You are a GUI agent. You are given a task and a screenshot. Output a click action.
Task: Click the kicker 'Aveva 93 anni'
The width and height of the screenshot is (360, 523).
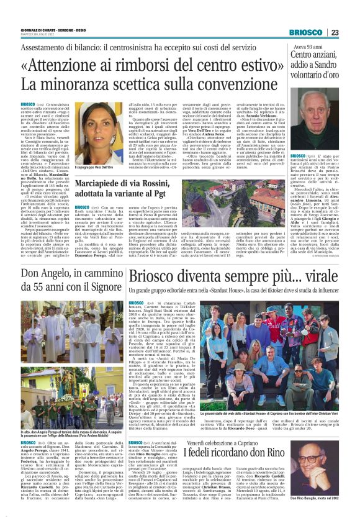[x=308, y=46]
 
